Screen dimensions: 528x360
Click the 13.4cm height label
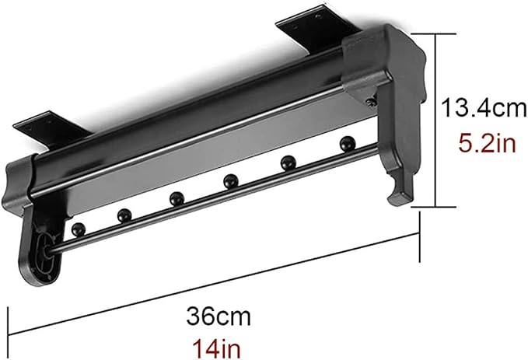tap(484, 107)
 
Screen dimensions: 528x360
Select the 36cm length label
tap(219, 316)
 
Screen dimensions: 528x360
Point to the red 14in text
tap(216, 348)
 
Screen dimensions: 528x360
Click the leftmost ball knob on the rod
tap(79, 229)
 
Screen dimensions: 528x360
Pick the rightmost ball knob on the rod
tap(347, 144)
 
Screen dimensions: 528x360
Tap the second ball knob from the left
tap(124, 215)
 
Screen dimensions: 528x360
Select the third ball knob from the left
tap(177, 199)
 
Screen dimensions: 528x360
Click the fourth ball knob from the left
tap(231, 181)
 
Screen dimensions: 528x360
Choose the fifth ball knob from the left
tap(288, 163)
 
